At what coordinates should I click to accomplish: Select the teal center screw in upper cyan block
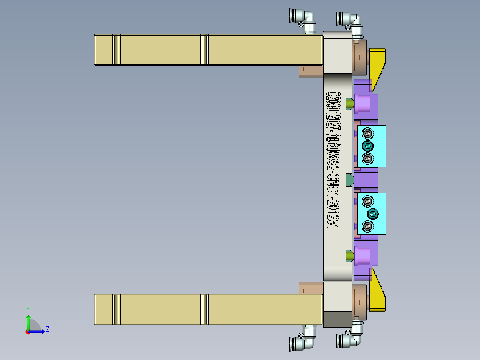click(367, 146)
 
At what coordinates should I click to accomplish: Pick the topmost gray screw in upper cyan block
click(367, 133)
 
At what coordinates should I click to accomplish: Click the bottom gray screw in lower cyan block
click(367, 227)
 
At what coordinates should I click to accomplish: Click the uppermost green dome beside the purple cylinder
click(350, 104)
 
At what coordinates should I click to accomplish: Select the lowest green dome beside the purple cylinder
click(350, 256)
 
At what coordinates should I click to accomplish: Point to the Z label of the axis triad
click(47, 329)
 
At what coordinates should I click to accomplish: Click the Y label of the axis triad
click(28, 309)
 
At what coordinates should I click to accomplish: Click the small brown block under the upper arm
click(310, 71)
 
